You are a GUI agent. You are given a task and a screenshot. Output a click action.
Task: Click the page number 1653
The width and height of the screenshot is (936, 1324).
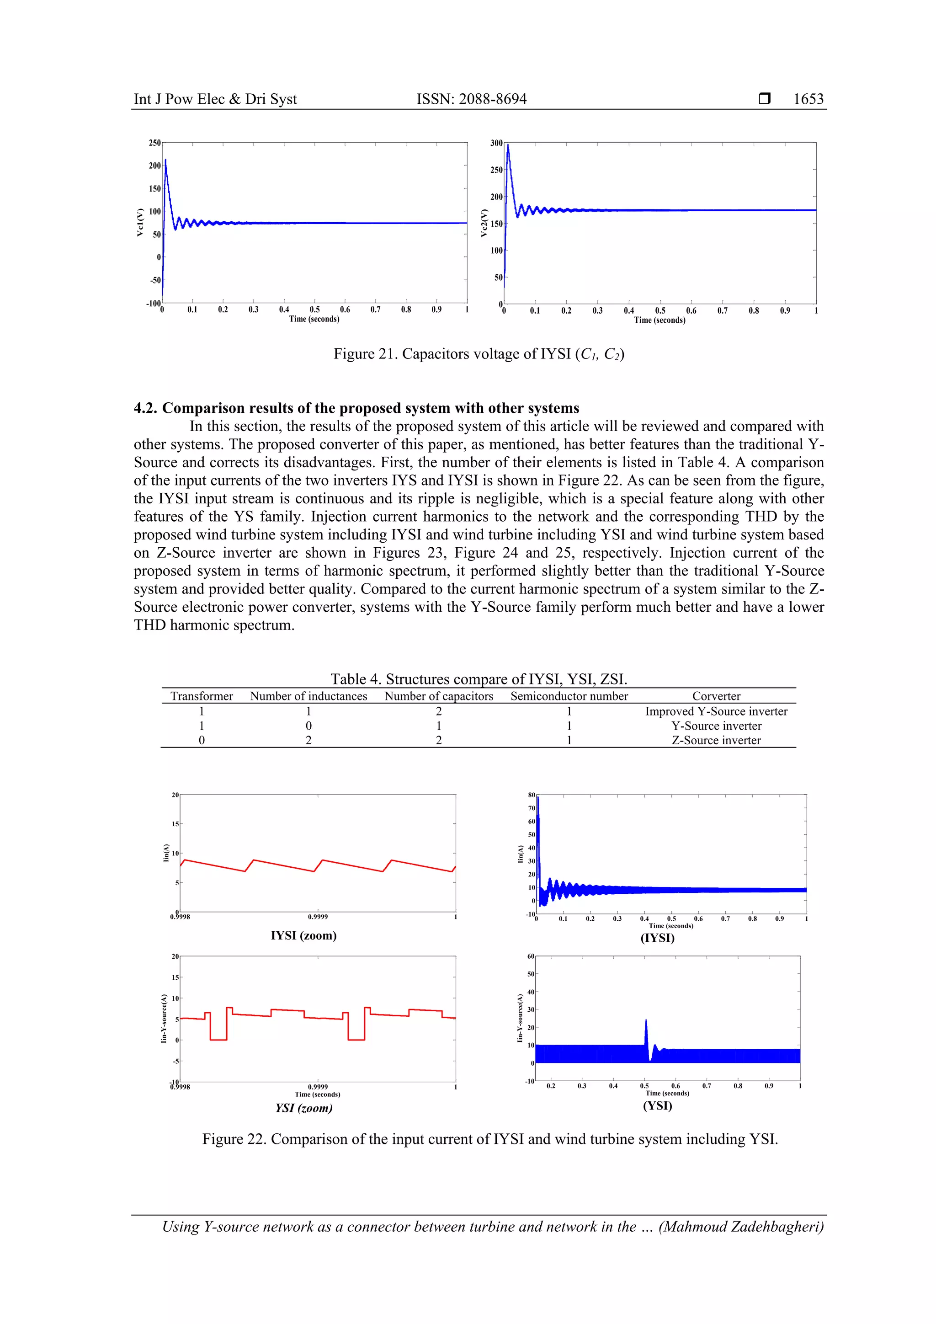click(808, 99)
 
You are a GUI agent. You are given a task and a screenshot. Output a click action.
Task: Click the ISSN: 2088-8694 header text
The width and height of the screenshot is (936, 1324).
click(472, 99)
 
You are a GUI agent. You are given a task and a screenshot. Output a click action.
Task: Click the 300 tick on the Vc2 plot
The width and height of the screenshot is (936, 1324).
click(496, 143)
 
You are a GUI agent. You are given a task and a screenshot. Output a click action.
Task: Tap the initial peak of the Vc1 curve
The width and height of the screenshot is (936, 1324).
click(165, 160)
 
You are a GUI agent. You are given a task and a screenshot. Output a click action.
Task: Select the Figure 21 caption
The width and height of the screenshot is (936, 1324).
click(479, 353)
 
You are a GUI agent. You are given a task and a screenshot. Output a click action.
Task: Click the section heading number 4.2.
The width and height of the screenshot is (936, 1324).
click(146, 408)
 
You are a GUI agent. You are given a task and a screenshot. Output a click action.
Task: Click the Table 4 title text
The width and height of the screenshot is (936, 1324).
click(479, 679)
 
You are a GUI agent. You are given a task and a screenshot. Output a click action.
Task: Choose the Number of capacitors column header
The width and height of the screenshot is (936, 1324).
click(439, 696)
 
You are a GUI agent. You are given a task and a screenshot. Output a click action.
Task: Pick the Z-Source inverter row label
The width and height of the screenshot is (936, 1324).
click(716, 741)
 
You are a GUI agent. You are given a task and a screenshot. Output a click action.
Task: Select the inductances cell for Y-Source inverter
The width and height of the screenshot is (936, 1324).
click(308, 726)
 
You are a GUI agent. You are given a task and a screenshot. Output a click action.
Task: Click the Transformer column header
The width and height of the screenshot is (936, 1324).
click(202, 696)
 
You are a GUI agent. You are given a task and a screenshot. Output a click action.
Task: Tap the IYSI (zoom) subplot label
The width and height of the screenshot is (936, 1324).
click(304, 935)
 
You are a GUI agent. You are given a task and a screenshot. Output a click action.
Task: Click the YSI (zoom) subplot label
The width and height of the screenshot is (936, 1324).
click(304, 1108)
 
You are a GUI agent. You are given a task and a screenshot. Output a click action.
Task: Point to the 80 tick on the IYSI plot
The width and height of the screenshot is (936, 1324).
click(531, 795)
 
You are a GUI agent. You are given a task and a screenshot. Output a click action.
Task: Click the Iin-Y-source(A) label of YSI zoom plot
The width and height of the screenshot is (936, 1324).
click(164, 1018)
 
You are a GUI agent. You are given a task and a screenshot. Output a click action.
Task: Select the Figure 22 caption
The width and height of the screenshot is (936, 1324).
click(490, 1139)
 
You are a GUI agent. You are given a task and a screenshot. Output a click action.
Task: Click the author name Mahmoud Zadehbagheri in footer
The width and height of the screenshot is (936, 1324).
click(742, 1227)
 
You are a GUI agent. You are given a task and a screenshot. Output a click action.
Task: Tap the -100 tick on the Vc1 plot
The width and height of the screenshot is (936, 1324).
click(153, 303)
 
